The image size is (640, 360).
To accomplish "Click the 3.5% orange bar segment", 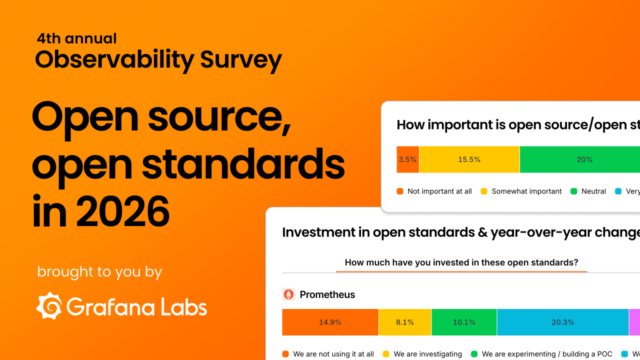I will (407, 159).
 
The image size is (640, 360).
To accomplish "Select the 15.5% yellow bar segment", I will (469, 159).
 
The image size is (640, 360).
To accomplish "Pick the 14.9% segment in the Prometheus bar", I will (330, 322).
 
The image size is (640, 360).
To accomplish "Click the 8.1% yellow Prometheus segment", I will (405, 322).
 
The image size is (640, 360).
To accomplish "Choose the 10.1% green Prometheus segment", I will (464, 322).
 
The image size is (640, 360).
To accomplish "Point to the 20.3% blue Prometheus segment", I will (562, 322).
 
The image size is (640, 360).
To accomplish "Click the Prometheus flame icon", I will (288, 294).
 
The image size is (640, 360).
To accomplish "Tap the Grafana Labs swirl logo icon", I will (49, 305).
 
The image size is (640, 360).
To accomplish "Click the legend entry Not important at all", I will (434, 191).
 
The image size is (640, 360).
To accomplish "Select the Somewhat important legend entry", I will (521, 191).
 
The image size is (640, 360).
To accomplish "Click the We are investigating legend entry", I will (422, 354).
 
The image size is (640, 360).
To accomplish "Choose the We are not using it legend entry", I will (328, 354).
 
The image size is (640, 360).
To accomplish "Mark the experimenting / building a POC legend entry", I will (541, 354).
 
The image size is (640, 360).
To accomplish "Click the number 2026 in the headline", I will (123, 211).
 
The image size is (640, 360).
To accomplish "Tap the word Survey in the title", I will (241, 60).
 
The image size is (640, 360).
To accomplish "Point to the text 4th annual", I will (76, 38).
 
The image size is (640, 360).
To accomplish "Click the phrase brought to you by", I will (99, 272).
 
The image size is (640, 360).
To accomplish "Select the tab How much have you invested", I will (461, 262).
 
